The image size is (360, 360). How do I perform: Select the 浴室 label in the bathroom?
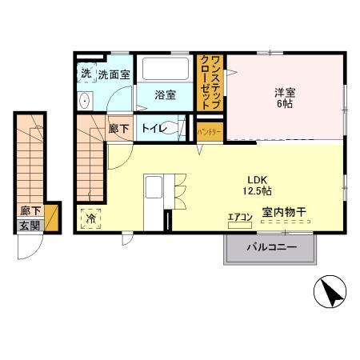pyautogui.click(x=166, y=95)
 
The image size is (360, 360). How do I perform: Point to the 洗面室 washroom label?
pyautogui.click(x=114, y=74)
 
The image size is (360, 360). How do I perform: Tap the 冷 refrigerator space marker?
pyautogui.click(x=90, y=218)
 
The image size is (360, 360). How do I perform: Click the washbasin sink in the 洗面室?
pyautogui.click(x=86, y=101)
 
